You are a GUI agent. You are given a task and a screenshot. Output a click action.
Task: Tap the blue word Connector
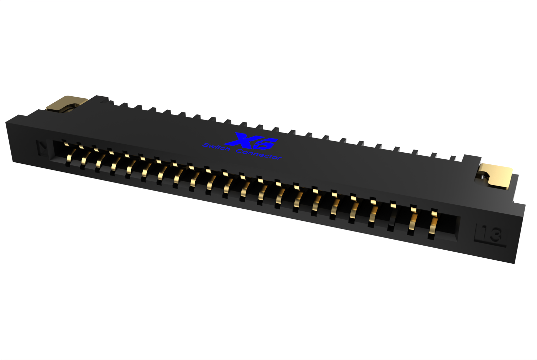point(258,154)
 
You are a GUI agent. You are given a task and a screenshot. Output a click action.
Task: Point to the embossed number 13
point(492,235)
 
